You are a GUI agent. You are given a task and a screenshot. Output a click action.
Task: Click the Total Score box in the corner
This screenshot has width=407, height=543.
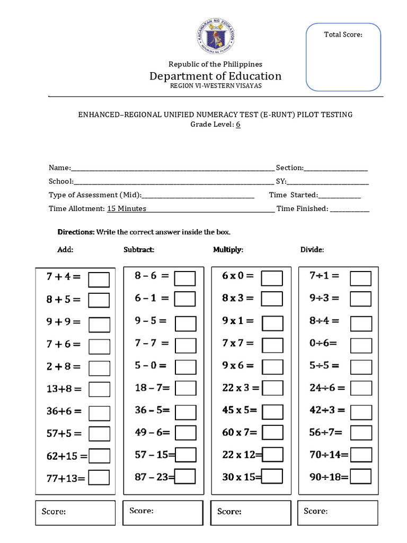pyautogui.click(x=343, y=57)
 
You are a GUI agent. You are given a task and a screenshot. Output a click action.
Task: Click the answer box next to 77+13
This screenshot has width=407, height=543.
pyautogui.click(x=99, y=478)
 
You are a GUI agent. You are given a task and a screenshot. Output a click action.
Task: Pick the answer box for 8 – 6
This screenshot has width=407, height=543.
pyautogui.click(x=185, y=278)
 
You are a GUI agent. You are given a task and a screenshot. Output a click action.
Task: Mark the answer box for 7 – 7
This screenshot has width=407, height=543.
pyautogui.click(x=185, y=346)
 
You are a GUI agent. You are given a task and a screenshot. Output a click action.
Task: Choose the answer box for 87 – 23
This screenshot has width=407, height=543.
pyautogui.click(x=185, y=477)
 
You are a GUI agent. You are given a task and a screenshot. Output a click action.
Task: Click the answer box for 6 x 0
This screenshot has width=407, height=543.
pyautogui.click(x=272, y=278)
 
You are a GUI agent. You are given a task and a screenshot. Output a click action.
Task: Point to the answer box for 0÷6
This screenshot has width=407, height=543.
pyautogui.click(x=361, y=346)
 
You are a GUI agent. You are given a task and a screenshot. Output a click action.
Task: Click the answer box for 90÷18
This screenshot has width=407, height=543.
pyautogui.click(x=361, y=477)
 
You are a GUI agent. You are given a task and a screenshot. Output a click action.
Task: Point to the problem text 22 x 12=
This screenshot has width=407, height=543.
pyautogui.click(x=242, y=454)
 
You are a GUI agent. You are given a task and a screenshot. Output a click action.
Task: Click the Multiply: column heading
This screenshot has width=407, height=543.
pyautogui.click(x=228, y=250)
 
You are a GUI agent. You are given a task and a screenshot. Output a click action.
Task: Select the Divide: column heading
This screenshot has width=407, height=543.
pyautogui.click(x=312, y=250)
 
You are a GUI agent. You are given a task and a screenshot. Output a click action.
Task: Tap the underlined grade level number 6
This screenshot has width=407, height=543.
pyautogui.click(x=238, y=125)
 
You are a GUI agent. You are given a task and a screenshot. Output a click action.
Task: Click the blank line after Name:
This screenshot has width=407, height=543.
pyautogui.click(x=172, y=168)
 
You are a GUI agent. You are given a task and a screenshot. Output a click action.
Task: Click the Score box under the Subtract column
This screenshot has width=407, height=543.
pyautogui.click(x=163, y=512)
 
